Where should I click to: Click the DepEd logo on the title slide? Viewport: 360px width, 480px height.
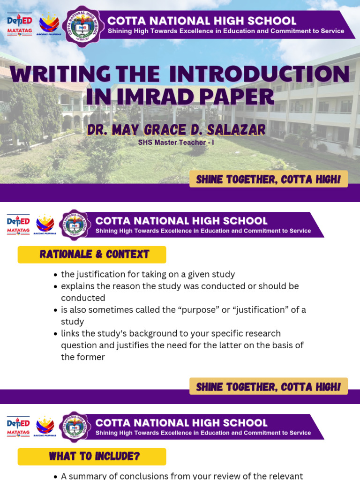coord(19,22)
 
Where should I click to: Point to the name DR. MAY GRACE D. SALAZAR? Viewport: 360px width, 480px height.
coord(176,129)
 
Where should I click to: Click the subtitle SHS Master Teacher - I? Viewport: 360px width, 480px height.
coord(176,142)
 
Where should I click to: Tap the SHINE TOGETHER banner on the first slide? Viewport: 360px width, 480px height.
coord(269,180)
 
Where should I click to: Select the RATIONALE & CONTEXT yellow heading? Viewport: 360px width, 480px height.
coord(92,255)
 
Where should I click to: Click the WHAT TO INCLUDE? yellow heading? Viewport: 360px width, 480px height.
coord(92,457)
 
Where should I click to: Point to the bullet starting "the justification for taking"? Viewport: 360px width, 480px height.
coord(148,274)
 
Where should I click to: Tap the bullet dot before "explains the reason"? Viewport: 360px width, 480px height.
coord(56,286)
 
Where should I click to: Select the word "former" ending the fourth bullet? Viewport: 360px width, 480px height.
coord(90,357)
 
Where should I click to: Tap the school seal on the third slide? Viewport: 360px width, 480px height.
coord(75,426)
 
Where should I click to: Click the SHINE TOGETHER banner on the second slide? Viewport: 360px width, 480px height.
coord(269,387)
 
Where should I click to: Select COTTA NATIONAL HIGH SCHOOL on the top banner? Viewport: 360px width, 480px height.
coord(202,21)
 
